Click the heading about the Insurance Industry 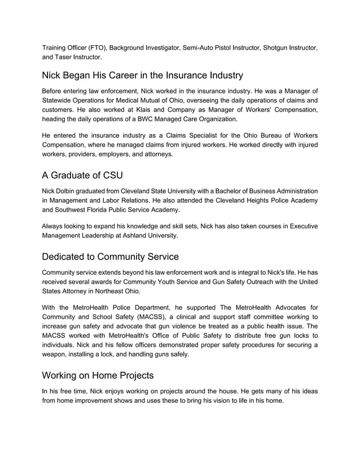tap(143, 75)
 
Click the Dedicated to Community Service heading tap(111, 257)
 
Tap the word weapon tap(56, 354)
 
